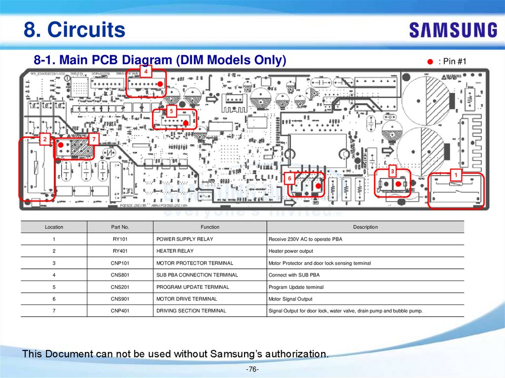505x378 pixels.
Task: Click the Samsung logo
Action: coord(453,30)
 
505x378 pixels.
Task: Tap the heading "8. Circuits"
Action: coord(74,30)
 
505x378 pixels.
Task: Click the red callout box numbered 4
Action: coord(146,72)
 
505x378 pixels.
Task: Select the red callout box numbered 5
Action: coord(171,111)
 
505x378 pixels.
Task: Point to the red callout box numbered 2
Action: coord(45,140)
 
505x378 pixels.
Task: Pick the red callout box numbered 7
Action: coord(93,140)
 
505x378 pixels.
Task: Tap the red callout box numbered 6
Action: coord(289,178)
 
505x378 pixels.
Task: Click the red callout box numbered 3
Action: coord(392,171)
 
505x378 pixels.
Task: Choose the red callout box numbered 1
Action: coord(456,174)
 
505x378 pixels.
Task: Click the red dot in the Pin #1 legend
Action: coord(430,62)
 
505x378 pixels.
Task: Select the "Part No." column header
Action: coord(120,227)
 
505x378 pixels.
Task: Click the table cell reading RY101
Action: coord(120,239)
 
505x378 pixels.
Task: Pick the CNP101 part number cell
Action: coord(120,263)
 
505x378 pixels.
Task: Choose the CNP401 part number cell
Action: coord(120,311)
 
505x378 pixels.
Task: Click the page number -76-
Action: coord(252,370)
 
